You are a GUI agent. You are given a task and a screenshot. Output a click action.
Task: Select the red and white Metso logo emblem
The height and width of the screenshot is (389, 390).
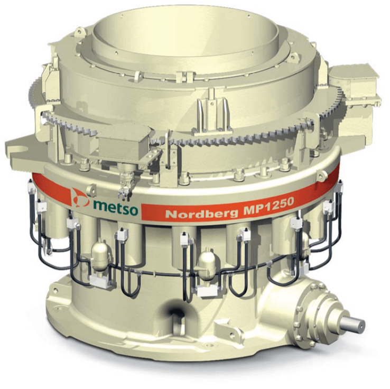[x=80, y=198]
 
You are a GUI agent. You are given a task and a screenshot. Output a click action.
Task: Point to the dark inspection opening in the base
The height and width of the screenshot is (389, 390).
[x=177, y=311]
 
